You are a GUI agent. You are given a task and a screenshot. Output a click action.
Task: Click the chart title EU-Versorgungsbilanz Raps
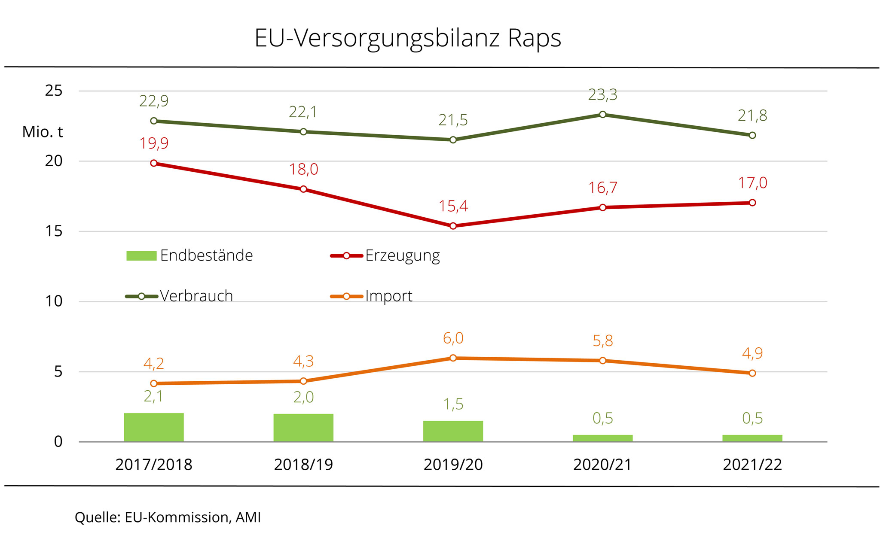coord(407,38)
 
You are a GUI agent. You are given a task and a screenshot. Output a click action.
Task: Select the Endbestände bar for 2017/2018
coord(154,427)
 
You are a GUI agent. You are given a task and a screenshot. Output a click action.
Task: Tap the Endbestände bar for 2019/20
coord(453,431)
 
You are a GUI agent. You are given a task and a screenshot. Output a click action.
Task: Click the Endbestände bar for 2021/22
coord(752,438)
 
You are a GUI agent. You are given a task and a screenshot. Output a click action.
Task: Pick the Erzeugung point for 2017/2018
coord(154,163)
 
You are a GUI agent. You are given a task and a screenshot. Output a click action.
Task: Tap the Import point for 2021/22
coord(752,373)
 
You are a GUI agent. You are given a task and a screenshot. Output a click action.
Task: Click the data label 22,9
coord(154,101)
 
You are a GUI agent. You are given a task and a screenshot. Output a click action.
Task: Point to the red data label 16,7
coord(602,188)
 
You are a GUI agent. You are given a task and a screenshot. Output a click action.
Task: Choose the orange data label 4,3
coord(303,362)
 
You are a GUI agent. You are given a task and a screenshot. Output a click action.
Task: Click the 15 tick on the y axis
coord(54,231)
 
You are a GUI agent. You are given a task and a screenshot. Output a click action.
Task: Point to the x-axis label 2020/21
coord(602,465)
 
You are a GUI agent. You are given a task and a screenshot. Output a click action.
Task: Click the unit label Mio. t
coord(43,132)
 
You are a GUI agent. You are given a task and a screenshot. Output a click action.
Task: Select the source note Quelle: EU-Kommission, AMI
coord(168,517)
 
